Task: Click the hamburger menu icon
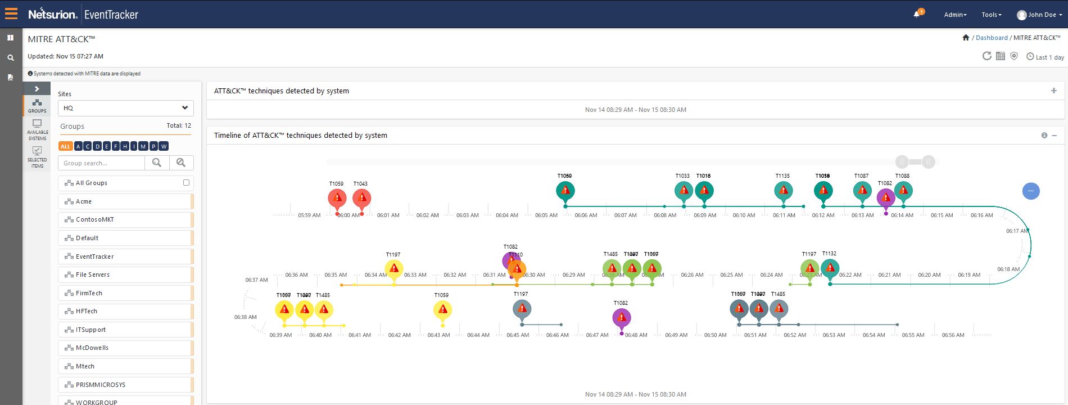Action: point(11,13)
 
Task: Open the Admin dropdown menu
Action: point(955,15)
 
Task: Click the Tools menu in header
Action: point(991,15)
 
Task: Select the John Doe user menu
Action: point(1039,15)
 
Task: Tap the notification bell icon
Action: point(916,15)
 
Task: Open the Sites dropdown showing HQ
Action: point(126,108)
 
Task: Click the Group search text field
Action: point(102,163)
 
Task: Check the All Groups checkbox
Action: point(186,182)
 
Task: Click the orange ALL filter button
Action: point(65,146)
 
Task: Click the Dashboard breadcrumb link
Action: point(992,38)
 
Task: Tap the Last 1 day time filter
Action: point(1045,57)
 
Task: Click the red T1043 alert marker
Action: point(361,198)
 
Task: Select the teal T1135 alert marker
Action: point(783,191)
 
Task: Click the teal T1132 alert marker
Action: point(830,268)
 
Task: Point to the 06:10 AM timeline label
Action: point(744,215)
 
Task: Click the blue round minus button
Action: point(1030,191)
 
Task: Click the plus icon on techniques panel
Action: point(1054,91)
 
